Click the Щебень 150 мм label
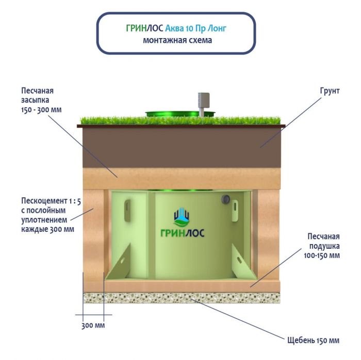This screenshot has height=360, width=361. coord(313,340)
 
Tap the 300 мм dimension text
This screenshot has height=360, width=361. coord(93,326)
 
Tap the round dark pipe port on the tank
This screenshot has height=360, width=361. coord(225,199)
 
